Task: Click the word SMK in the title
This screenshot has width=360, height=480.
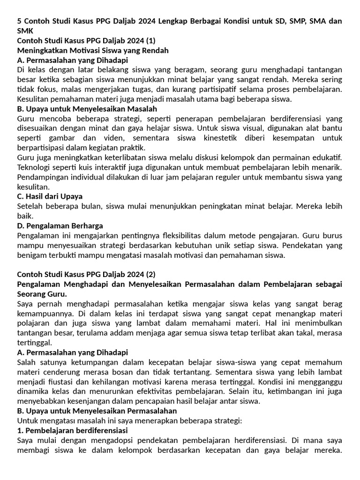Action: (25, 31)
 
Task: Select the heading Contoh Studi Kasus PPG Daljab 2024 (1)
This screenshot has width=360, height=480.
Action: (86, 41)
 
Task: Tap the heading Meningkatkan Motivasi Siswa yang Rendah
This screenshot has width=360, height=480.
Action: (93, 50)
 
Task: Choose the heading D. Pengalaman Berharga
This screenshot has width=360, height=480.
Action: (60, 226)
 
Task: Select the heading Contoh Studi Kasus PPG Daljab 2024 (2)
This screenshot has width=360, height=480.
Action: (86, 274)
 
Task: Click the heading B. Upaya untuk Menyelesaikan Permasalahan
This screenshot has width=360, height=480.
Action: (94, 411)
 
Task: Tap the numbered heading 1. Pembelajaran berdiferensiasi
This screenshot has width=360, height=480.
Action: (73, 430)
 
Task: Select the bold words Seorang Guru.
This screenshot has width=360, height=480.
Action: (42, 294)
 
